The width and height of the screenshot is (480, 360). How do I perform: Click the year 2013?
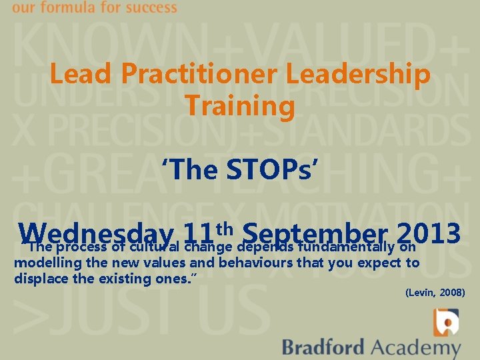point(429,233)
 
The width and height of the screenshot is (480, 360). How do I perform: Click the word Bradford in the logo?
point(323,347)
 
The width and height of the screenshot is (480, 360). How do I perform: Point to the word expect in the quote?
point(381,263)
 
